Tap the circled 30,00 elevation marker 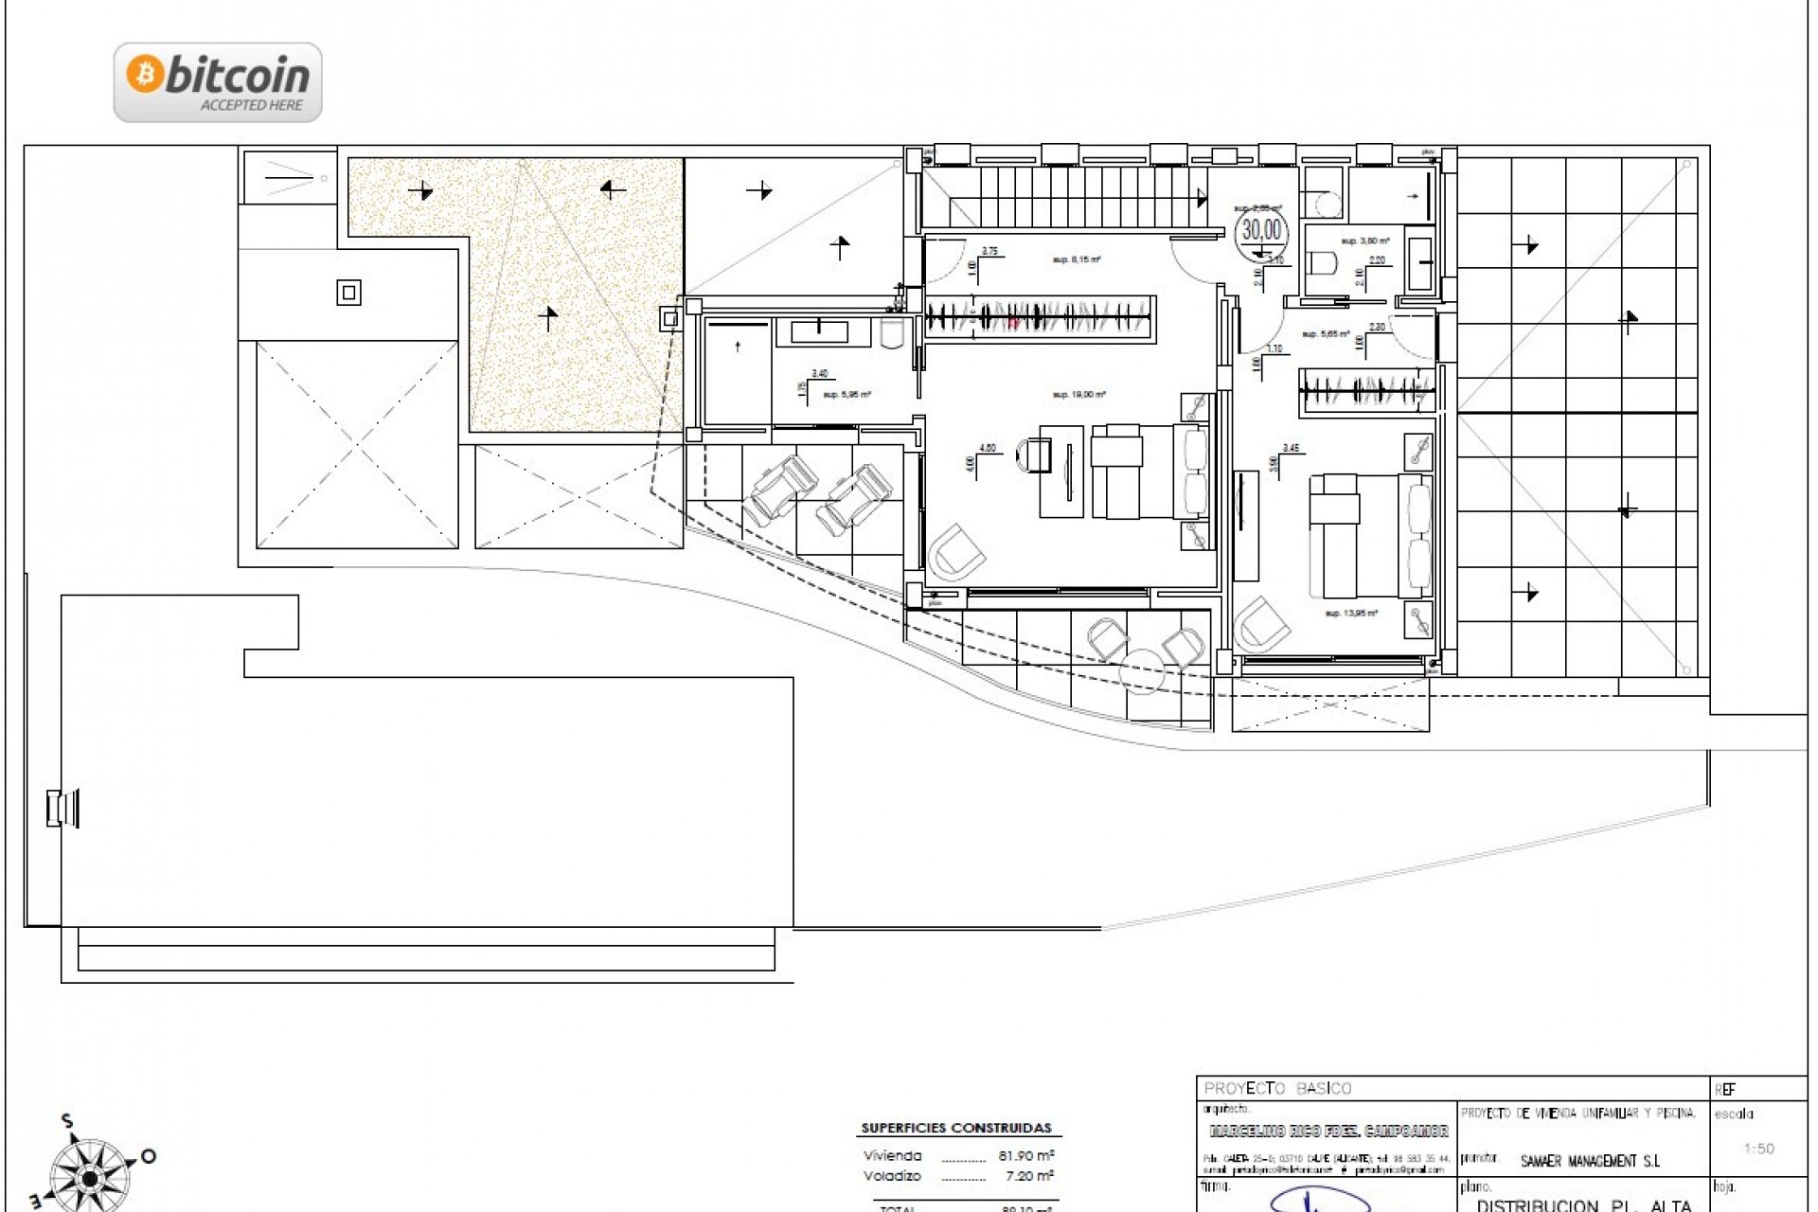(x=1261, y=230)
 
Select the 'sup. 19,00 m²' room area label (x=1079, y=395)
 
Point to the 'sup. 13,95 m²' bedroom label (x=1351, y=614)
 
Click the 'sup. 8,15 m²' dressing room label (x=1077, y=258)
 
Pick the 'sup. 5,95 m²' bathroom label (x=846, y=395)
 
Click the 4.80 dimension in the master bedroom (x=988, y=448)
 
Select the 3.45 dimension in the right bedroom (x=1291, y=448)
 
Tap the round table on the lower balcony (x=1145, y=671)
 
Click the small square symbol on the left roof (x=348, y=294)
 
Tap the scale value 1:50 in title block (x=1758, y=1149)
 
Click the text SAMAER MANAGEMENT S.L (x=1590, y=1161)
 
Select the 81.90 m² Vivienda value (x=1026, y=1155)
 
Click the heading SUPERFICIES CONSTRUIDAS (x=956, y=1128)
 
